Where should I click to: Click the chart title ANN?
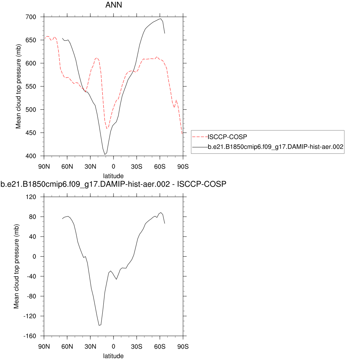click(x=113, y=5)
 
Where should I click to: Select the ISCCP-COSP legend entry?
click(x=225, y=136)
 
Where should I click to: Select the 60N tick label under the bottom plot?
click(x=67, y=346)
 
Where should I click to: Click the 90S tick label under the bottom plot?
click(x=183, y=346)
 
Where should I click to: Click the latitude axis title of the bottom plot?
click(x=113, y=356)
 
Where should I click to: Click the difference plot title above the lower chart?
click(x=113, y=184)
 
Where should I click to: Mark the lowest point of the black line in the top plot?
click(x=105, y=154)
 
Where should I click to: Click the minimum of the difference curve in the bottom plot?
click(x=99, y=325)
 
